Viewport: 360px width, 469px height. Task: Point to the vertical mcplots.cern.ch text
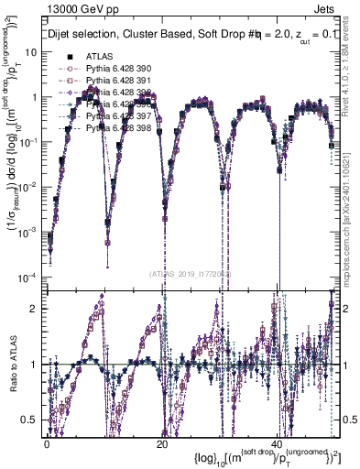[x=349, y=202]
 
